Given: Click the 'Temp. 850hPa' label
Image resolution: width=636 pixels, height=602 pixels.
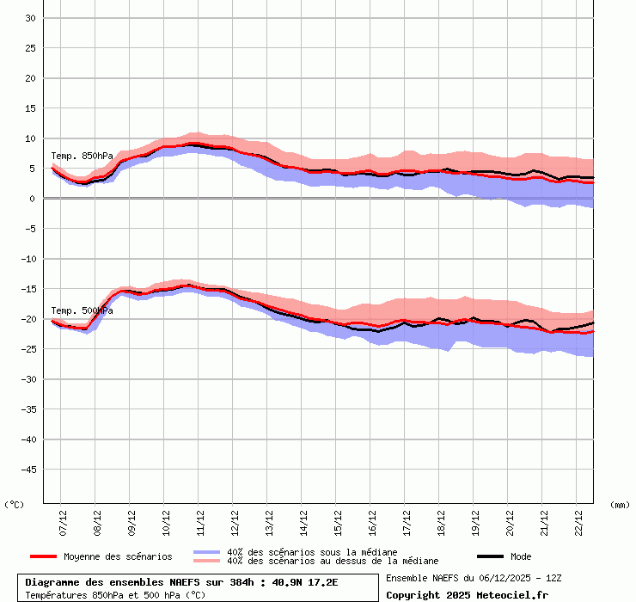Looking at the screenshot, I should pyautogui.click(x=82, y=156).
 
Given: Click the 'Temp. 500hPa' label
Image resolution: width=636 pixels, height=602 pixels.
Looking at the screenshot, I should pyautogui.click(x=82, y=310).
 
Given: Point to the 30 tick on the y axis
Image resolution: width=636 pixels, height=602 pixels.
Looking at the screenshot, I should pyautogui.click(x=29, y=18).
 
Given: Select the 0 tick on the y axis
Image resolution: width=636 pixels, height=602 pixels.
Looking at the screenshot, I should pyautogui.click(x=32, y=199).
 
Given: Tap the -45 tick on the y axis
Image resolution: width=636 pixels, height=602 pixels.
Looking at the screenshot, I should pyautogui.click(x=27, y=470).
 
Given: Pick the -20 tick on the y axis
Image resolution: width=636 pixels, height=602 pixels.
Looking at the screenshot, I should pyautogui.click(x=27, y=319).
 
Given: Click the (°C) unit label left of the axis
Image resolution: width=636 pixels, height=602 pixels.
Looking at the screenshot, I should pyautogui.click(x=15, y=505).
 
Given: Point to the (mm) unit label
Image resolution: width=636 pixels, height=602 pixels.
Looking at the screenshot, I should pyautogui.click(x=620, y=505).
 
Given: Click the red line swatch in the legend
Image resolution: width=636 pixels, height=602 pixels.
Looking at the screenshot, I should pyautogui.click(x=43, y=556).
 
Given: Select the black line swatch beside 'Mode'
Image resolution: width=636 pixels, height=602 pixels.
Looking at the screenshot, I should pyautogui.click(x=490, y=556).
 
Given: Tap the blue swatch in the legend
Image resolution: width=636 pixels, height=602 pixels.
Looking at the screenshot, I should pyautogui.click(x=207, y=552).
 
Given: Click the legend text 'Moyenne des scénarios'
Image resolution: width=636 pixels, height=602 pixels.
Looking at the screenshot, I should pyautogui.click(x=118, y=556).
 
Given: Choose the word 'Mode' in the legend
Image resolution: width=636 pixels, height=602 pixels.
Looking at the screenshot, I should pyautogui.click(x=521, y=556).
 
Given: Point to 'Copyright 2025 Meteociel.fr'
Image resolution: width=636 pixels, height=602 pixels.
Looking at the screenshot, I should pyautogui.click(x=467, y=594).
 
